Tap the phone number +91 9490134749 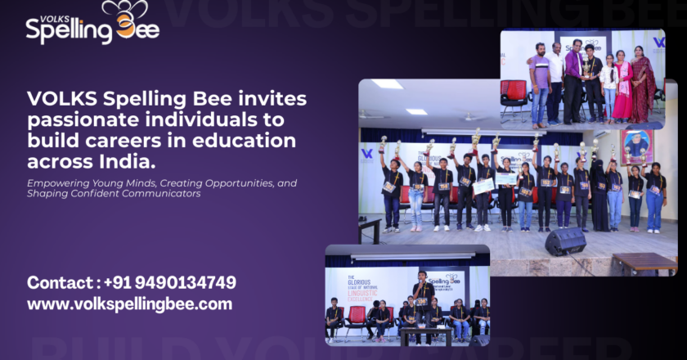170,283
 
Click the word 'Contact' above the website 58,283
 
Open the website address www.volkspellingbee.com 129,304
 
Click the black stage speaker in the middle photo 565,241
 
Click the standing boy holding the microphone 421,303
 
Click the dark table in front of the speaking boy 424,335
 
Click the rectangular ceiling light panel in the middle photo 387,84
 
